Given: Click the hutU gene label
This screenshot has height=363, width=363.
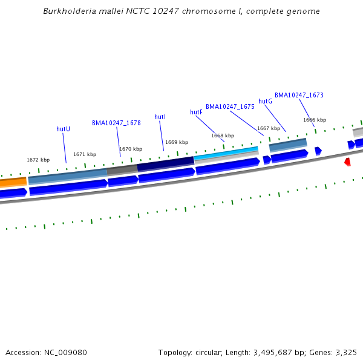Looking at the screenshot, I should point(63,129).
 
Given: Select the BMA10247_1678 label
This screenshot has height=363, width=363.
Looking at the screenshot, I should point(116,123).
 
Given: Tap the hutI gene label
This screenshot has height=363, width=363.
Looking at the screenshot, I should point(160,117).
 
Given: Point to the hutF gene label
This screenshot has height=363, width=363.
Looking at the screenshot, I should point(196,112).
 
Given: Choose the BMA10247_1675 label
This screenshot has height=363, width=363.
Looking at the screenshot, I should point(230,106).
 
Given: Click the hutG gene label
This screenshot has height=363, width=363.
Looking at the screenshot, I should point(265,101).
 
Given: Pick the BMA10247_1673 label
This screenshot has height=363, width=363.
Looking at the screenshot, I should point(299,95).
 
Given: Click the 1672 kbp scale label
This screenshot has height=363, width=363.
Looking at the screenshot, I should point(38,160).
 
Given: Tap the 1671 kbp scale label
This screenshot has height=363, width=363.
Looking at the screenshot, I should point(85,154).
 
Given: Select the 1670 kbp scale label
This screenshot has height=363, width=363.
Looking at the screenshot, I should point(131,149).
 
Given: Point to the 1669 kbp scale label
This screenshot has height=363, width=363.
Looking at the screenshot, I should point(177,142).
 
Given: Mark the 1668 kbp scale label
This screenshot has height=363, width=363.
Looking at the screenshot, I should point(223,136).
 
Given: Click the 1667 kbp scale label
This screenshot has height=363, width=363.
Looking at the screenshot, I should point(269,128).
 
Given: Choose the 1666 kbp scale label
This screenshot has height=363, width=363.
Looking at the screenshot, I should point(315,120).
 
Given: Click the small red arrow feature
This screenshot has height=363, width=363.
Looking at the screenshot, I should point(347,162).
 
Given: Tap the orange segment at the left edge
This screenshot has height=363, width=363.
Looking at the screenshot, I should point(13,181).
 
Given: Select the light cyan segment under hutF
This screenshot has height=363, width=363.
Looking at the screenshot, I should point(226,153).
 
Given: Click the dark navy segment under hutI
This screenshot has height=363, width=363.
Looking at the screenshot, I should point(165,163).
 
